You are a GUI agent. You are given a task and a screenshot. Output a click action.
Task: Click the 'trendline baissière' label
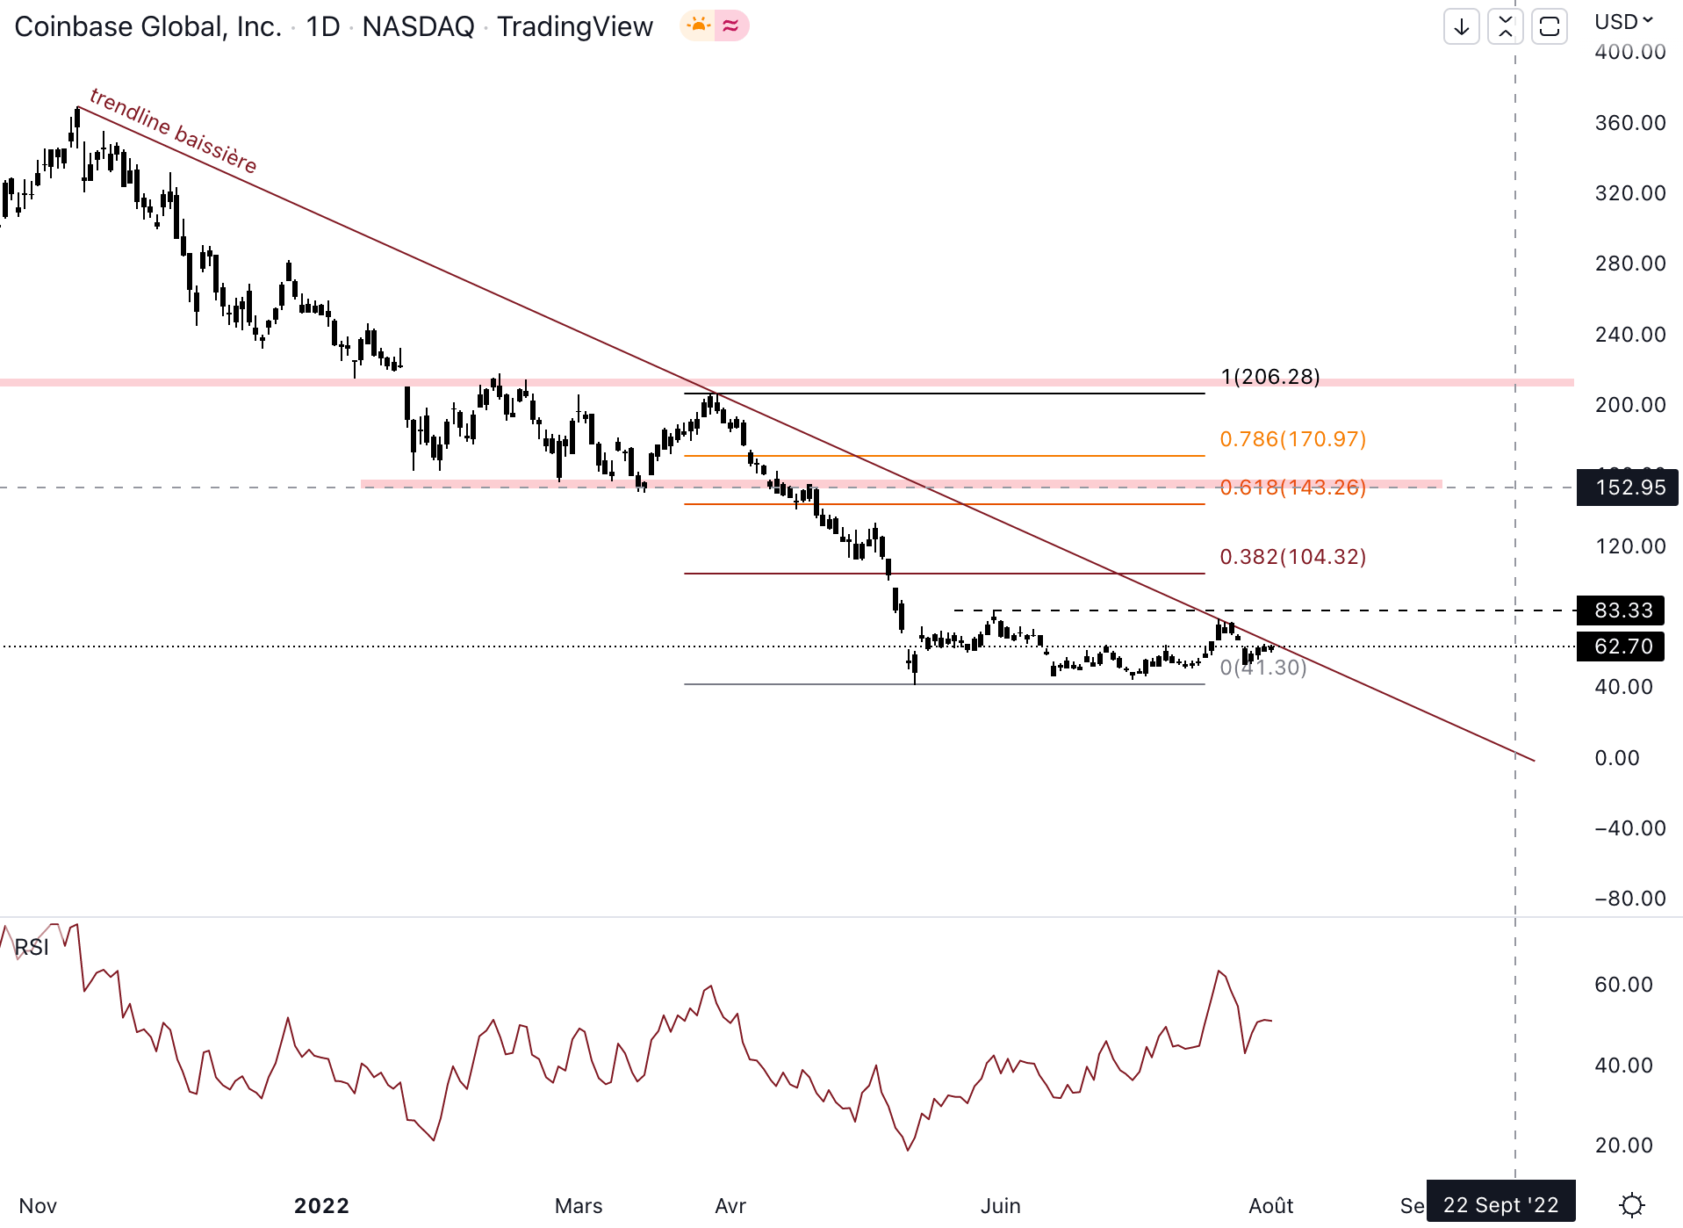click(x=173, y=131)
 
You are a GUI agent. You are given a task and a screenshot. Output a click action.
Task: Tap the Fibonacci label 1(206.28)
click(x=1269, y=377)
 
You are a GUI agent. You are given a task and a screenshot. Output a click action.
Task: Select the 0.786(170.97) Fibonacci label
click(x=1292, y=438)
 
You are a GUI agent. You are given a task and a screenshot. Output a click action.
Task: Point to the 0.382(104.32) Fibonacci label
click(x=1292, y=557)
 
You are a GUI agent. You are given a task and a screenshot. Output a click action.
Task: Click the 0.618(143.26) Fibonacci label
click(x=1292, y=488)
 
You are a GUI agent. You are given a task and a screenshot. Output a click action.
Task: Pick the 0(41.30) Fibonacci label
click(x=1262, y=668)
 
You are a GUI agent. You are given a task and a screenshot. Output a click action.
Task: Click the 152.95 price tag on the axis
click(x=1629, y=488)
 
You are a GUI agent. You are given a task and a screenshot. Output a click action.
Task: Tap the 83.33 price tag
click(x=1623, y=610)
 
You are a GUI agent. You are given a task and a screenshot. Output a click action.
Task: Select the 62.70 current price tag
click(x=1623, y=647)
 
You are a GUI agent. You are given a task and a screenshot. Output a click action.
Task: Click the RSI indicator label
click(x=32, y=947)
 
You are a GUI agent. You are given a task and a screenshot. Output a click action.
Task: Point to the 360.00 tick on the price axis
click(x=1629, y=123)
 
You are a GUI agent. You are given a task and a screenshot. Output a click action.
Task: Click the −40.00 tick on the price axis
click(x=1629, y=828)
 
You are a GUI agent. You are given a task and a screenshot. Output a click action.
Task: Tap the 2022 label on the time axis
click(x=321, y=1206)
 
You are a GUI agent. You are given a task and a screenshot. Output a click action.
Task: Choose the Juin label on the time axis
click(x=1000, y=1206)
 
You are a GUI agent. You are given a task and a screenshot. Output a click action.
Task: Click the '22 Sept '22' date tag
click(x=1500, y=1205)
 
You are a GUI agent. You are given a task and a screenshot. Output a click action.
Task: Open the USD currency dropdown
click(x=1623, y=21)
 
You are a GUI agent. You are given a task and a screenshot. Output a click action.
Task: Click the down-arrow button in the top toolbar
click(x=1462, y=26)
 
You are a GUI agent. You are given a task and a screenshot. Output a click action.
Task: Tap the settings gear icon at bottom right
click(x=1631, y=1205)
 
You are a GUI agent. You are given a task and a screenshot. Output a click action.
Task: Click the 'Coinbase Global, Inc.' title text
click(x=147, y=26)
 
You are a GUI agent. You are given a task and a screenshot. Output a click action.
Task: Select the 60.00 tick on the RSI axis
click(x=1623, y=985)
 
